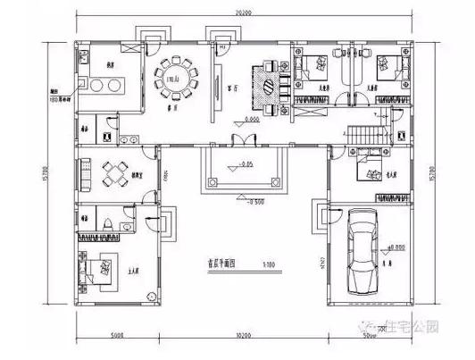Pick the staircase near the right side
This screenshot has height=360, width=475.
(x=369, y=134)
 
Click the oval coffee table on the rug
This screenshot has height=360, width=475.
(x=267, y=87)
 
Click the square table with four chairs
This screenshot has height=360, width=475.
(x=115, y=172)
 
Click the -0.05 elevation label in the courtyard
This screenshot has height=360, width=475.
(x=243, y=164)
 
